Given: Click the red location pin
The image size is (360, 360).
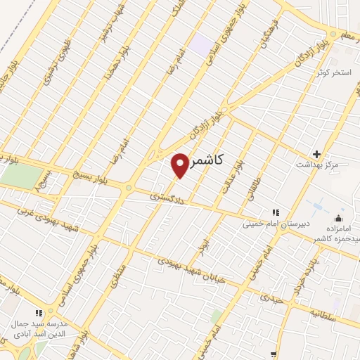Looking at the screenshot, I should pos(179,165).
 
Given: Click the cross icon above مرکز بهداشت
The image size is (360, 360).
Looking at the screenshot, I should pos(316,154).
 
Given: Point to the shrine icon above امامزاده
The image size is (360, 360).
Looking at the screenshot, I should pos(339,218).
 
